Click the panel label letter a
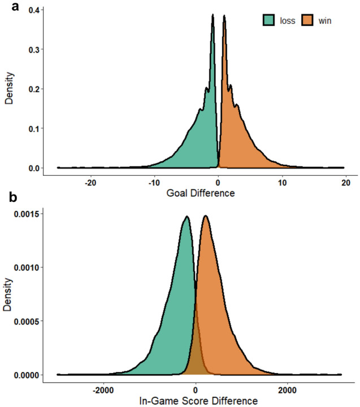click(x=7, y=7)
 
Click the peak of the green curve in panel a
click(x=213, y=16)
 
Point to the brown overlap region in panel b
click(x=196, y=362)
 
